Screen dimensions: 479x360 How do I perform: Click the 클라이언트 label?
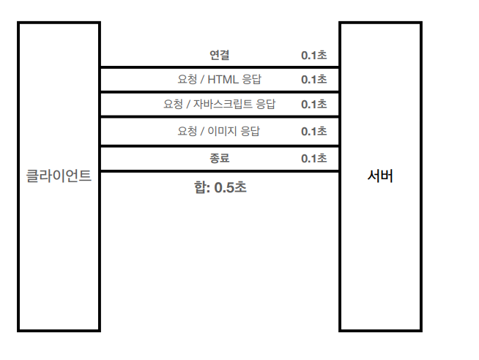coord(59,176)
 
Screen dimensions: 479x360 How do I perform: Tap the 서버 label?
coord(380,176)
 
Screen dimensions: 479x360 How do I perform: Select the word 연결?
coord(219,55)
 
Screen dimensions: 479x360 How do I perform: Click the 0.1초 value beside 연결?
coord(313,55)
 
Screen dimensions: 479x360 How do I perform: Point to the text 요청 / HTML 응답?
coord(219,80)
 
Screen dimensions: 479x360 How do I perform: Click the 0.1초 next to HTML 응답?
coord(313,80)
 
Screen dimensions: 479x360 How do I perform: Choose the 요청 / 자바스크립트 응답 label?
coord(219,104)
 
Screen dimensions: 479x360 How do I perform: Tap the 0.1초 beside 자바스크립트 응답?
coord(313,104)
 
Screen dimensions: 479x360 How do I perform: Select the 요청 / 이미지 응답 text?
coord(219,131)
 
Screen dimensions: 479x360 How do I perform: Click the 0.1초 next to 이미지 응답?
coord(313,131)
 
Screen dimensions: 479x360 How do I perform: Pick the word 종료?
coord(219,158)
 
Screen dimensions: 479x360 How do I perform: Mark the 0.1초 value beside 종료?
coord(313,158)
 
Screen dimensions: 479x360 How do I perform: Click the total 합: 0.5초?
coord(220,187)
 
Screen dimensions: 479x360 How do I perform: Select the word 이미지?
coord(222,131)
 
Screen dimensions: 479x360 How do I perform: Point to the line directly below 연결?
coord(219,67)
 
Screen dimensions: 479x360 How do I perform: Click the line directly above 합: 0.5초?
coord(219,171)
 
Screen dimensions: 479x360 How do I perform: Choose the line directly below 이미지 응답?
coord(219,146)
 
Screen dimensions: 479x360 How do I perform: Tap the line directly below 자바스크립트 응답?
coord(219,116)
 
